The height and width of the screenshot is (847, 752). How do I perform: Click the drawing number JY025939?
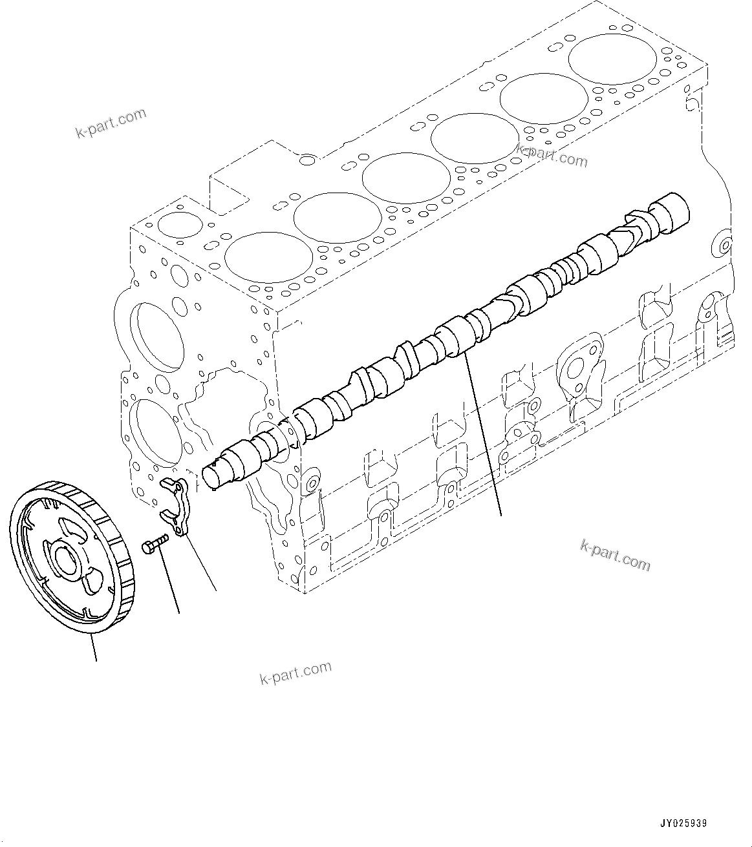(683, 823)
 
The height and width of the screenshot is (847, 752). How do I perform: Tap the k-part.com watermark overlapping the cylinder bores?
(552, 155)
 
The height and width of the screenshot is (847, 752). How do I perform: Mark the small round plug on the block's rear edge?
(724, 246)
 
